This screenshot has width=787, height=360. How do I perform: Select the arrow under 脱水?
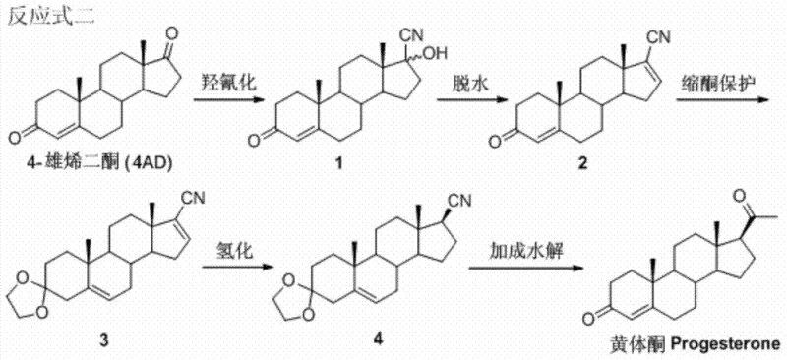pyautogui.click(x=485, y=101)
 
